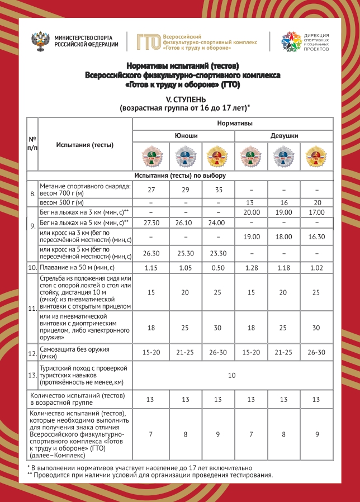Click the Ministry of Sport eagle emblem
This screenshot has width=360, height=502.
click(42, 41)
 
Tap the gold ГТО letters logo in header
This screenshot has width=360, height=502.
click(149, 41)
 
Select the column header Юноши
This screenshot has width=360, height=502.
click(184, 136)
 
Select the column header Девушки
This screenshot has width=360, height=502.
click(284, 136)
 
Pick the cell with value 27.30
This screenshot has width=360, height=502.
click(151, 222)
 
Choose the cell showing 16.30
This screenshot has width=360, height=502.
click(317, 236)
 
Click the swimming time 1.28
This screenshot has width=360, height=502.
click(251, 268)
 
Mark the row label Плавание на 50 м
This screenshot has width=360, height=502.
click(77, 268)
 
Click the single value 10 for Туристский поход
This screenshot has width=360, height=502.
click(232, 376)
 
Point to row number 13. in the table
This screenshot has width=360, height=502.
click(32, 376)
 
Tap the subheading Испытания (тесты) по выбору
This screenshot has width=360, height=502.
click(179, 176)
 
